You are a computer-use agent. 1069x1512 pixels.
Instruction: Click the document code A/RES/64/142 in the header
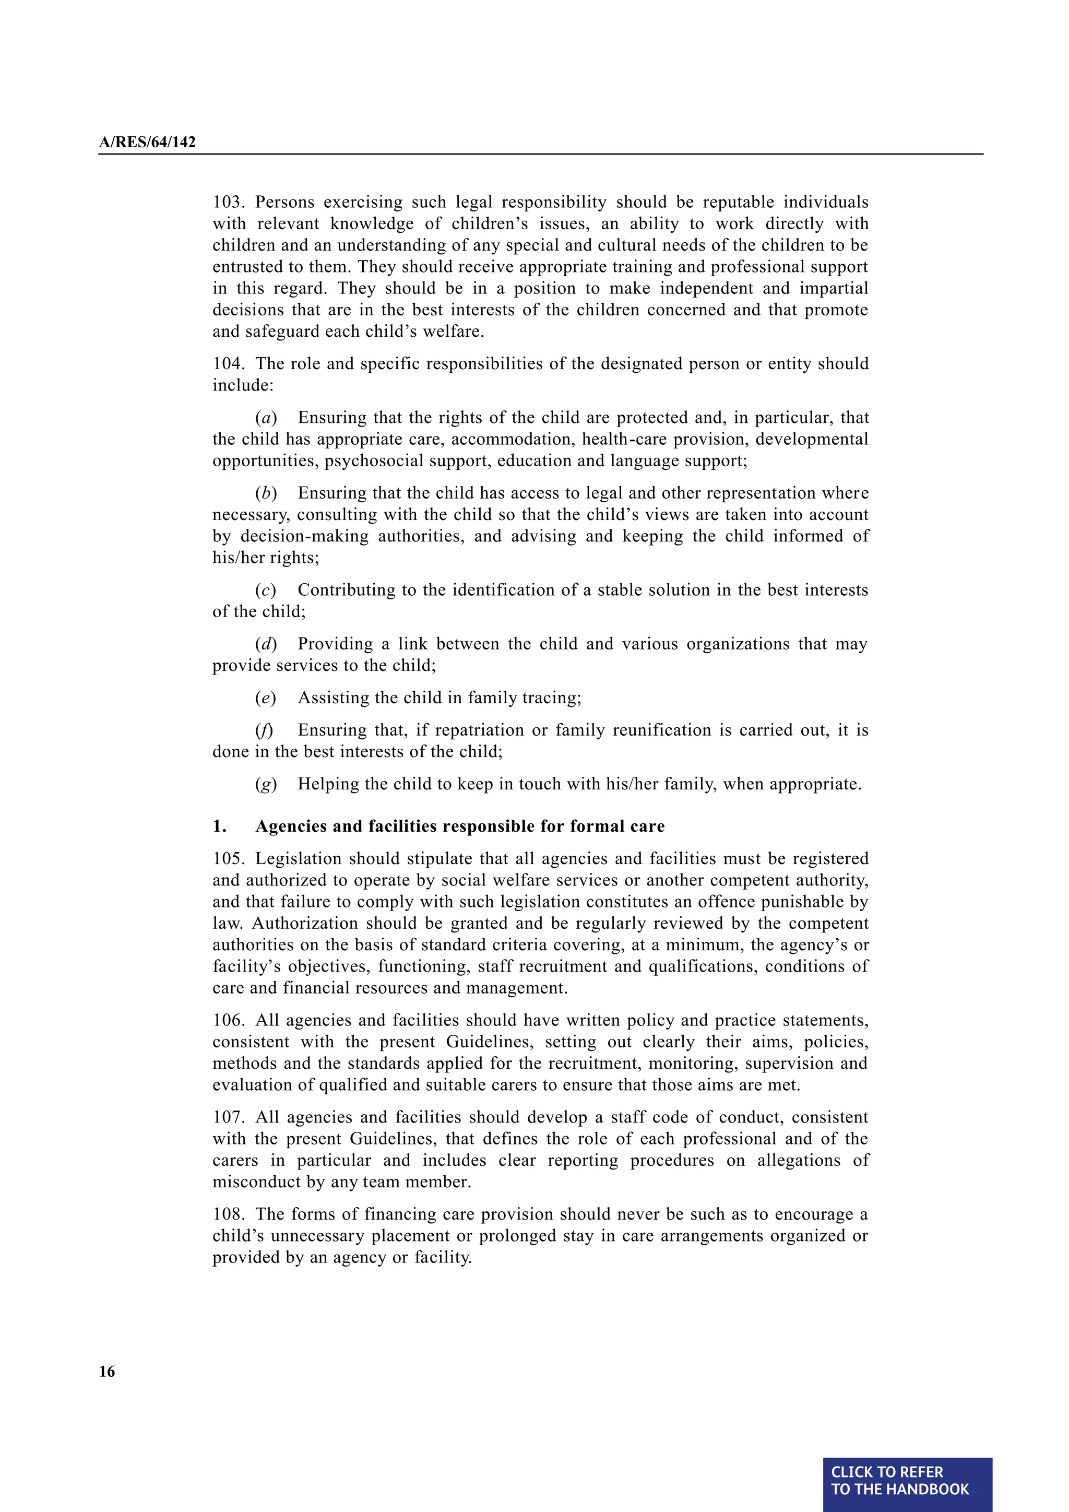147,142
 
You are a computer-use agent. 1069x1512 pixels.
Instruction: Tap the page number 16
106,1371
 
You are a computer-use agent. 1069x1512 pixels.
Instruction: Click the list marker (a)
266,418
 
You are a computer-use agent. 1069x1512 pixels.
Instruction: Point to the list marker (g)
266,784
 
